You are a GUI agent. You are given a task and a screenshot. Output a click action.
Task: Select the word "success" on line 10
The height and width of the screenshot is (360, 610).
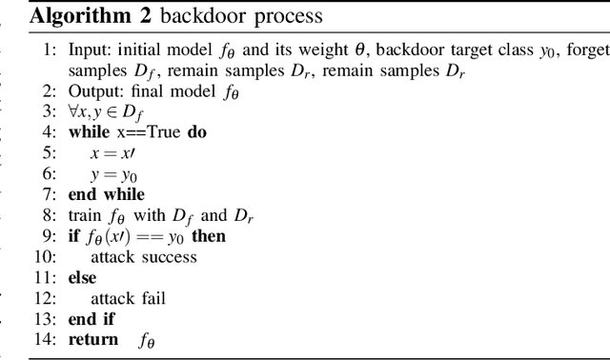coord(168,258)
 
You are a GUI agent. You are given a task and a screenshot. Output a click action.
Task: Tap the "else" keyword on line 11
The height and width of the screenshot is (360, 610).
coord(82,277)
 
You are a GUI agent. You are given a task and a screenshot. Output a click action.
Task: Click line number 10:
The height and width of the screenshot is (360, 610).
coord(49,258)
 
